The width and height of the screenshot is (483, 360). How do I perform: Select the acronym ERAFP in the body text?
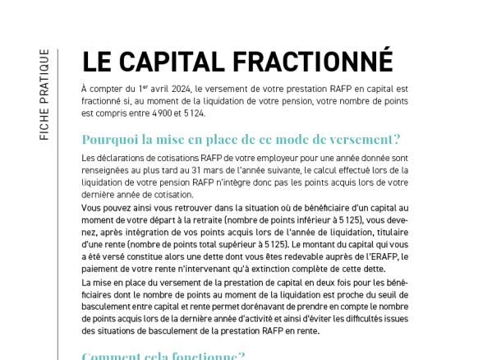[x=389, y=256]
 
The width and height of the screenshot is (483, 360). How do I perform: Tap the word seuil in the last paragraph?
[x=391, y=294]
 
